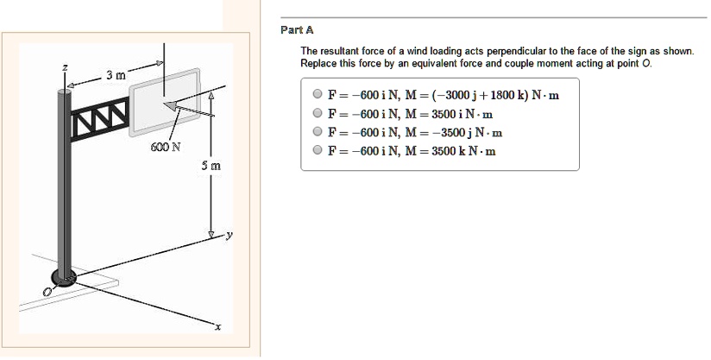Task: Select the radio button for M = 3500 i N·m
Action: [x=318, y=114]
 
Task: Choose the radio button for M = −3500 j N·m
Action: [x=318, y=133]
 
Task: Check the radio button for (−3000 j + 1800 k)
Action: [x=318, y=95]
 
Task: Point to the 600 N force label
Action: [x=164, y=146]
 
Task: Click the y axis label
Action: [x=230, y=234]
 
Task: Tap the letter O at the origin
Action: [x=49, y=294]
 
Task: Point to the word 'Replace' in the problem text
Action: [x=318, y=64]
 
